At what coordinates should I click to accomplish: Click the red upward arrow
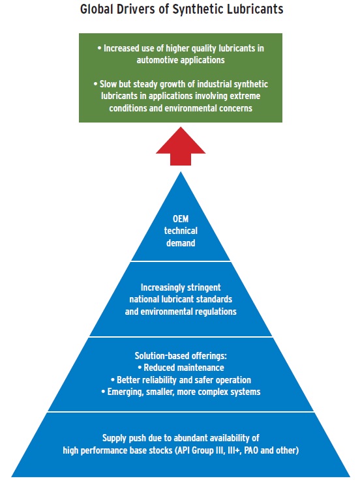(181, 147)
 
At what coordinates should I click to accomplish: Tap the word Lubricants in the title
(255, 9)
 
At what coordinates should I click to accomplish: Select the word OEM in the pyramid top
(181, 219)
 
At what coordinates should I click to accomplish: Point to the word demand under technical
(181, 243)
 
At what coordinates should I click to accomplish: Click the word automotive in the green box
(156, 60)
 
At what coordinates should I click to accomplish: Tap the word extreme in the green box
(245, 96)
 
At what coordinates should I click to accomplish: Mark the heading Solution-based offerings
(181, 356)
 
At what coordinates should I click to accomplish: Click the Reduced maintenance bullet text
(184, 368)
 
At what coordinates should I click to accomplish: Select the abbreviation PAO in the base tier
(251, 450)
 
